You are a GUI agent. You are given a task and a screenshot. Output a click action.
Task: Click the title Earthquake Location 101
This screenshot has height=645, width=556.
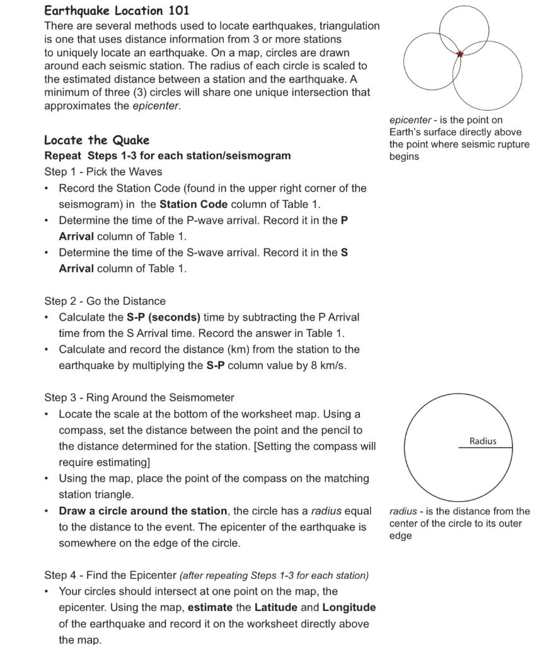click(117, 11)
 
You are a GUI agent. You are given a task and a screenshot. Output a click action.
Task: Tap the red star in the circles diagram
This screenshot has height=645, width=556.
click(460, 54)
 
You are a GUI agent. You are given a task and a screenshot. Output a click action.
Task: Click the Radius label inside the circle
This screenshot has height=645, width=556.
click(482, 441)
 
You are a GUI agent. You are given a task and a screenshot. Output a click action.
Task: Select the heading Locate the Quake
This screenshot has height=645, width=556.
click(96, 140)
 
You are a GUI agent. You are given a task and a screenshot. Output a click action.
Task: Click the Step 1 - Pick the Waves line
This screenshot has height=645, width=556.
click(103, 171)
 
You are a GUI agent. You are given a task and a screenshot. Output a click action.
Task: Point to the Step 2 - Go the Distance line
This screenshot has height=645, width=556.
click(105, 301)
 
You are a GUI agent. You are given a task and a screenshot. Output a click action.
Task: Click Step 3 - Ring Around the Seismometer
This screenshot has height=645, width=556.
click(139, 397)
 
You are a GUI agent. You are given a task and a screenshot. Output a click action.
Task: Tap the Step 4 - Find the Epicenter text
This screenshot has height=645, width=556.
click(110, 575)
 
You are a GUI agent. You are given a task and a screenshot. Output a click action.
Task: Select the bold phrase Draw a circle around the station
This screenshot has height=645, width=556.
click(142, 511)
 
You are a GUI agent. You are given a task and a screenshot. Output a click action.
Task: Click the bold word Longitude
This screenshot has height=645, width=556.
click(349, 607)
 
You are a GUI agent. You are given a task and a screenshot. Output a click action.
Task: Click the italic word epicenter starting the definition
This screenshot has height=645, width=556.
click(410, 120)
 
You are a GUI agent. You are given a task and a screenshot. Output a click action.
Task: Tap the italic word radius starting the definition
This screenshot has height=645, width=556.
click(403, 511)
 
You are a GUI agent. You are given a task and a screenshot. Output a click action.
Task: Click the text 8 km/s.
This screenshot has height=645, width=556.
click(327, 365)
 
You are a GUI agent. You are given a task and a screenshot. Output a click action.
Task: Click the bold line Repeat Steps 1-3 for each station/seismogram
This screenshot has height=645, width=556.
click(168, 156)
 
